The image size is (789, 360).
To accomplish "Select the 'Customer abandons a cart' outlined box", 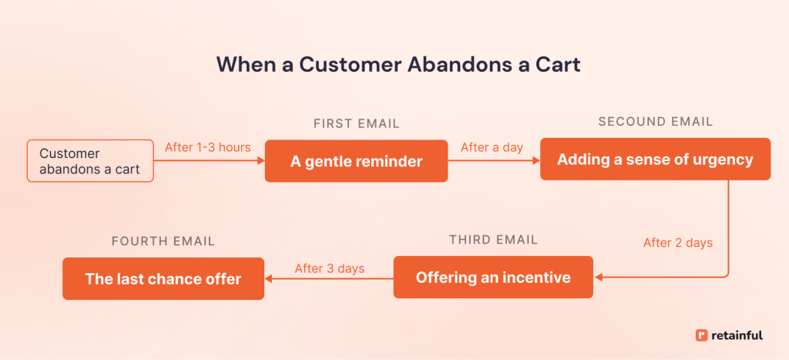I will (x=90, y=161).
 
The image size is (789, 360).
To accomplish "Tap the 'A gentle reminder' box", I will (x=356, y=161).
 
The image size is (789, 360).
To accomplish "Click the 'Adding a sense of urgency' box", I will (x=655, y=160).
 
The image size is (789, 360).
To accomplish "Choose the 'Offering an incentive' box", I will (x=493, y=278).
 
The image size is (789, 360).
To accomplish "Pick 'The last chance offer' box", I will (x=163, y=279).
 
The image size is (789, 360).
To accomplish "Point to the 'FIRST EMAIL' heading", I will (x=356, y=123).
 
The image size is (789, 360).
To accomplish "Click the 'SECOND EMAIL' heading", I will (x=655, y=122).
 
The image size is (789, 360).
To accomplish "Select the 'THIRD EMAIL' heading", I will (x=493, y=240).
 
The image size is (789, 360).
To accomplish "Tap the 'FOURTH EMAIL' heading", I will (x=163, y=241).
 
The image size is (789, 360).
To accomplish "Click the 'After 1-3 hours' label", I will (x=208, y=147).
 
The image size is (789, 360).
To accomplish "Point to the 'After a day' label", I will (x=492, y=147).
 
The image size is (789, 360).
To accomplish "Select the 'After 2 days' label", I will (x=677, y=243).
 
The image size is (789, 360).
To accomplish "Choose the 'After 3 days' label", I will (x=329, y=268).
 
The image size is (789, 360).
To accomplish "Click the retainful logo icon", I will (x=700, y=335).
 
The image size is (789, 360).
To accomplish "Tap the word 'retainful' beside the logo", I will (x=737, y=335).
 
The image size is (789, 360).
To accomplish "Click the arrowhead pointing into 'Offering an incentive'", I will (x=599, y=278).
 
